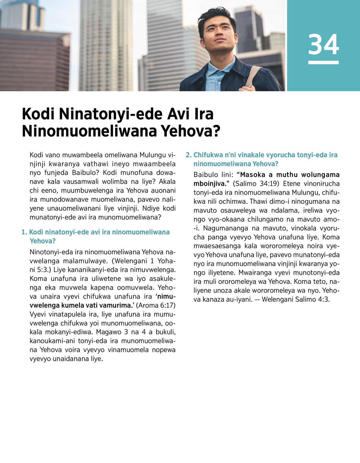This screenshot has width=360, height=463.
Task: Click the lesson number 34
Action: click(x=323, y=45)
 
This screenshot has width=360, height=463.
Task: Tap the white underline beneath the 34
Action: click(x=323, y=62)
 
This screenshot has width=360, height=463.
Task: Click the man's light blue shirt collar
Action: click(x=214, y=74)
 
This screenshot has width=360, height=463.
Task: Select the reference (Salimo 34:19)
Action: click(x=256, y=184)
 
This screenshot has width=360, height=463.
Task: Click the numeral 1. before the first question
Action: click(x=24, y=232)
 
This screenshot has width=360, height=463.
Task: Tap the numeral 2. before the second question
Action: click(x=189, y=155)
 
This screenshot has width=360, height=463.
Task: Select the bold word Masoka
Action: click(x=253, y=175)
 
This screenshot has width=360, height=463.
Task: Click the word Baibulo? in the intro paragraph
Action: click(x=85, y=173)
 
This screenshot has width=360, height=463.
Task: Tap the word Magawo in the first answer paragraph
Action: click(x=108, y=332)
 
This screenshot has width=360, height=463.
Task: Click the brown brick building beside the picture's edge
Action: click(x=33, y=60)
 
